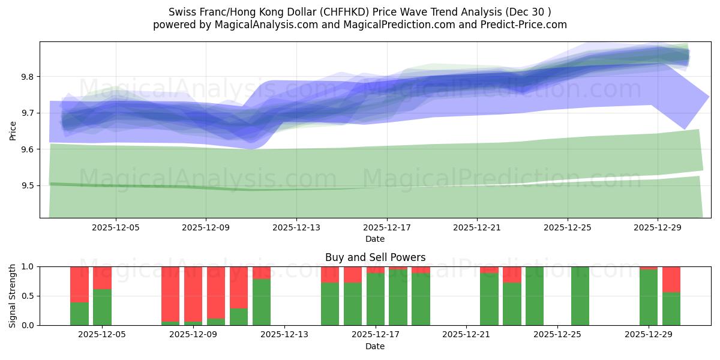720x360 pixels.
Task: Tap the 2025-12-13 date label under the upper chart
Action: (x=296, y=227)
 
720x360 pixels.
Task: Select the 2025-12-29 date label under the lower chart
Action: (x=649, y=335)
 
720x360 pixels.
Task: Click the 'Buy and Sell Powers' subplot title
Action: (x=375, y=257)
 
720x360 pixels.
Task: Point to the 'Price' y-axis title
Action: (x=13, y=130)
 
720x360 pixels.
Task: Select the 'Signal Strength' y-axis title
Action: (x=13, y=296)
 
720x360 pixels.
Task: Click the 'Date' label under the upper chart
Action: (x=375, y=239)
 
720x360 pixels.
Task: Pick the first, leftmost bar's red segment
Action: (x=79, y=284)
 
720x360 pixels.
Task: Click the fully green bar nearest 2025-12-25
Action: (x=580, y=296)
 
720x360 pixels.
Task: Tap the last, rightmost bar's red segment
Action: (x=671, y=279)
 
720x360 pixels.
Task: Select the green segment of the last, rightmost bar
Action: (x=671, y=308)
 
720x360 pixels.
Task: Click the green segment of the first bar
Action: (x=79, y=313)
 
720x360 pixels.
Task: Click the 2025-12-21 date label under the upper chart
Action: (x=477, y=227)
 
